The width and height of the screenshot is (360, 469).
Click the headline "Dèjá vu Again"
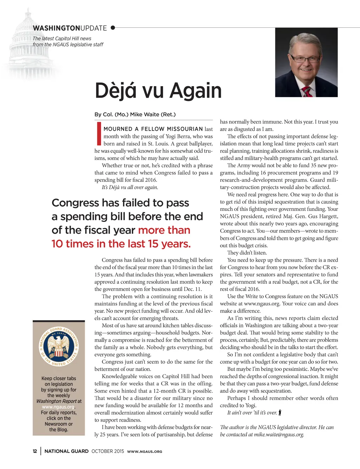tap(158, 90)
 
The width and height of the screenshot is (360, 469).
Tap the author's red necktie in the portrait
tap(307, 92)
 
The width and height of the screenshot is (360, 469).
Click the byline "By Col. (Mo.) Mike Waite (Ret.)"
tap(135, 114)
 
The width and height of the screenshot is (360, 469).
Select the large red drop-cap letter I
tap(99, 134)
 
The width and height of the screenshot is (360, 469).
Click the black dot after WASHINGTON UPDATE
tap(113, 28)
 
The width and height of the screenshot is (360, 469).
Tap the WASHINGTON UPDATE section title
tap(70, 28)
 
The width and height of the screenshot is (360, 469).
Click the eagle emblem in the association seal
tap(59, 346)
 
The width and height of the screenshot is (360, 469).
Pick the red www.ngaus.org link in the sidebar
tap(58, 407)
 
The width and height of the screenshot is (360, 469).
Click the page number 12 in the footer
tap(35, 451)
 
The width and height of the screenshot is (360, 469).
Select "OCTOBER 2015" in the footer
tap(108, 451)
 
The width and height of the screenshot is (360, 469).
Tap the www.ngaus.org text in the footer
tap(144, 451)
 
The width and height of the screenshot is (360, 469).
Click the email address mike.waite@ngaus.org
tap(279, 435)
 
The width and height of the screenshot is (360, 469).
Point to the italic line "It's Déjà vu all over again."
tap(130, 187)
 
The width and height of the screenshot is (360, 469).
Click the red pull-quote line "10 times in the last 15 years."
tap(121, 244)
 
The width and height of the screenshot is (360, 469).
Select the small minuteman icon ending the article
tap(280, 412)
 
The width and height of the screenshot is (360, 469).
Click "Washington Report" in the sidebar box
tap(56, 401)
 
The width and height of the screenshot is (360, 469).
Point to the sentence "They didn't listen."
tap(247, 253)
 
